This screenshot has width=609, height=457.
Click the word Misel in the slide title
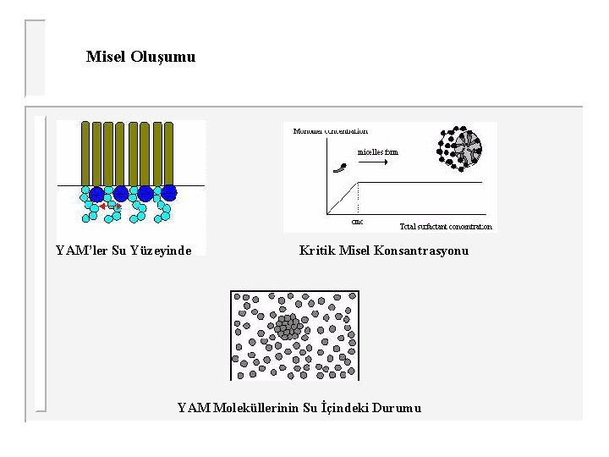(106, 57)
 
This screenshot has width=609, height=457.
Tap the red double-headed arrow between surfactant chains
(109, 206)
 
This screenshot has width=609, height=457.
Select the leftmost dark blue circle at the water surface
(96, 194)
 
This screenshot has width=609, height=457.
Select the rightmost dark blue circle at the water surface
(169, 193)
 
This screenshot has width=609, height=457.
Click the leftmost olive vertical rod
(85, 153)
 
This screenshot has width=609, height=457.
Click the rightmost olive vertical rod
(168, 153)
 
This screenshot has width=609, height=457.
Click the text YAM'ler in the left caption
(81, 251)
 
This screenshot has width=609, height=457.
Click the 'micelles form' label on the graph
(377, 152)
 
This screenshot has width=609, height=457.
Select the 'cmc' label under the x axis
(357, 222)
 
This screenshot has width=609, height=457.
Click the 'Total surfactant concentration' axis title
(445, 227)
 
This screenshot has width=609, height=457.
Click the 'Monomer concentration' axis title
(331, 131)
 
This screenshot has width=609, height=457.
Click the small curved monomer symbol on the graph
(340, 168)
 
